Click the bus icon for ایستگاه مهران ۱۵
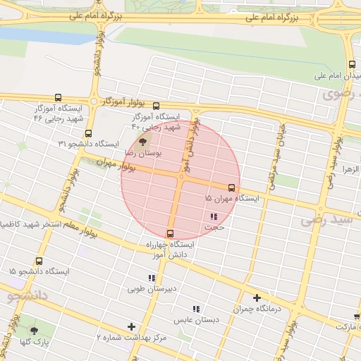[x=231, y=188]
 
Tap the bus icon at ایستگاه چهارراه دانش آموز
[x=170, y=233]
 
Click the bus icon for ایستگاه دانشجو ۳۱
[x=88, y=133]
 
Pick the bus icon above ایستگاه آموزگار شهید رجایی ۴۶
[x=58, y=98]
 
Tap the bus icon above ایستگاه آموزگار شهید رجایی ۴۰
[x=156, y=106]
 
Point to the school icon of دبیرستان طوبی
[x=152, y=278]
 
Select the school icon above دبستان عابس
[x=197, y=308]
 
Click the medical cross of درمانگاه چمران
[x=257, y=298]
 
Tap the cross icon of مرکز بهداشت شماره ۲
[x=131, y=326]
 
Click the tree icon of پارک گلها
[x=34, y=330]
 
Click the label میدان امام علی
[x=335, y=75]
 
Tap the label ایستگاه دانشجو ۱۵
[x=39, y=271]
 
